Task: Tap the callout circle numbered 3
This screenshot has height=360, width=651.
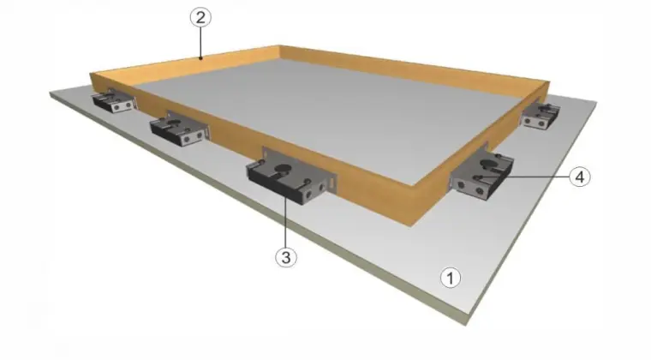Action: click(286, 255)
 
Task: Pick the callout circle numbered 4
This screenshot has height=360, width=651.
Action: click(580, 177)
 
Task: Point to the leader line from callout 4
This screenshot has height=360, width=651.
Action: click(535, 177)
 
